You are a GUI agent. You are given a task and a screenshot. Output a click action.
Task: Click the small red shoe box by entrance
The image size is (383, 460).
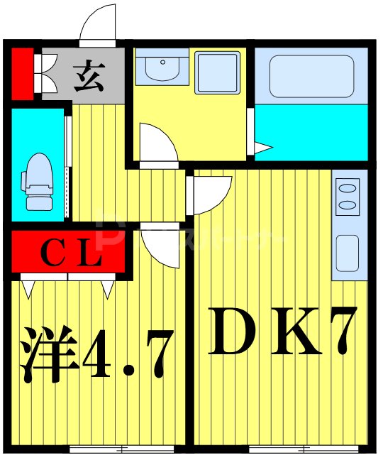tap(21, 72)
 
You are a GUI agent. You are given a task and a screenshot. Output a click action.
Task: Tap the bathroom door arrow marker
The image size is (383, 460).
tap(263, 148)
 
